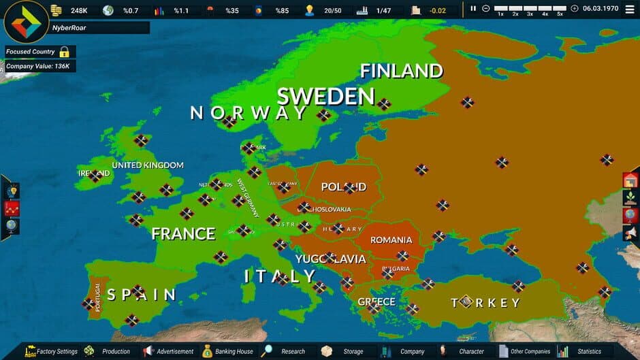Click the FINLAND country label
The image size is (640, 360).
click(x=401, y=71)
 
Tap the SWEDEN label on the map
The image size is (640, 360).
click(x=325, y=97)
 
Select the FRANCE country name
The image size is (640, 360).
click(x=183, y=234)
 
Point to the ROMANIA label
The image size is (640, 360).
click(x=391, y=240)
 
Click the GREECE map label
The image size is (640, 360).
click(x=377, y=301)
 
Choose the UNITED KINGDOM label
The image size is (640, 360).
click(x=148, y=165)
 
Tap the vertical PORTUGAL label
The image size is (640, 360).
click(x=98, y=297)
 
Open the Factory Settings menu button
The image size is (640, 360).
click(x=52, y=351)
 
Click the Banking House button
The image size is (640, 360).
click(x=227, y=351)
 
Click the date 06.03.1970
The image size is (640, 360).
click(x=600, y=9)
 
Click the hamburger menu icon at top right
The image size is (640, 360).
click(x=629, y=9)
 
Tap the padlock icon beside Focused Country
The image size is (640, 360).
click(x=64, y=52)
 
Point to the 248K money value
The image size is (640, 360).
click(x=79, y=10)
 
